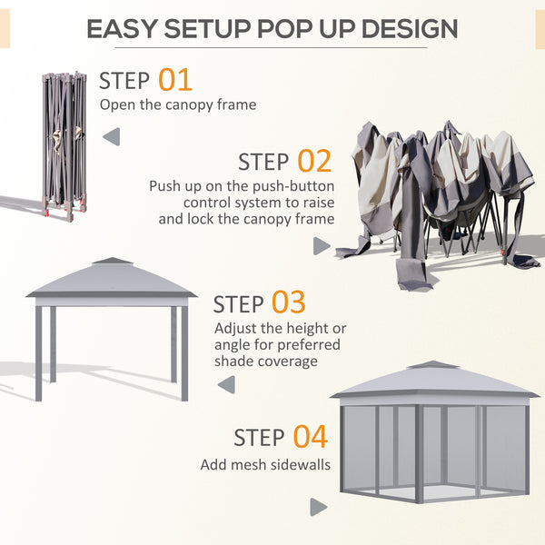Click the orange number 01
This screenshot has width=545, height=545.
tap(175, 79)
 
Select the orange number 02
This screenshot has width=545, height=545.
tap(314, 162)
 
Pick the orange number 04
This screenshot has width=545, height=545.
tap(310, 437)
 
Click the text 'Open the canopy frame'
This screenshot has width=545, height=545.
tap(177, 104)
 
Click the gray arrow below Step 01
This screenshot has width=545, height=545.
tap(111, 137)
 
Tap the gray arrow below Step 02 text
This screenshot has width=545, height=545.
tap(322, 246)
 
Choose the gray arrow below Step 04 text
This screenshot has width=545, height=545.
tap(318, 507)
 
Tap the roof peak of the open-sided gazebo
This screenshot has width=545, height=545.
tap(112, 262)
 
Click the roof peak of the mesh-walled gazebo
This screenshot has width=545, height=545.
tap(434, 365)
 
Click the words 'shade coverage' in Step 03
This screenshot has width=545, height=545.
tap(266, 361)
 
